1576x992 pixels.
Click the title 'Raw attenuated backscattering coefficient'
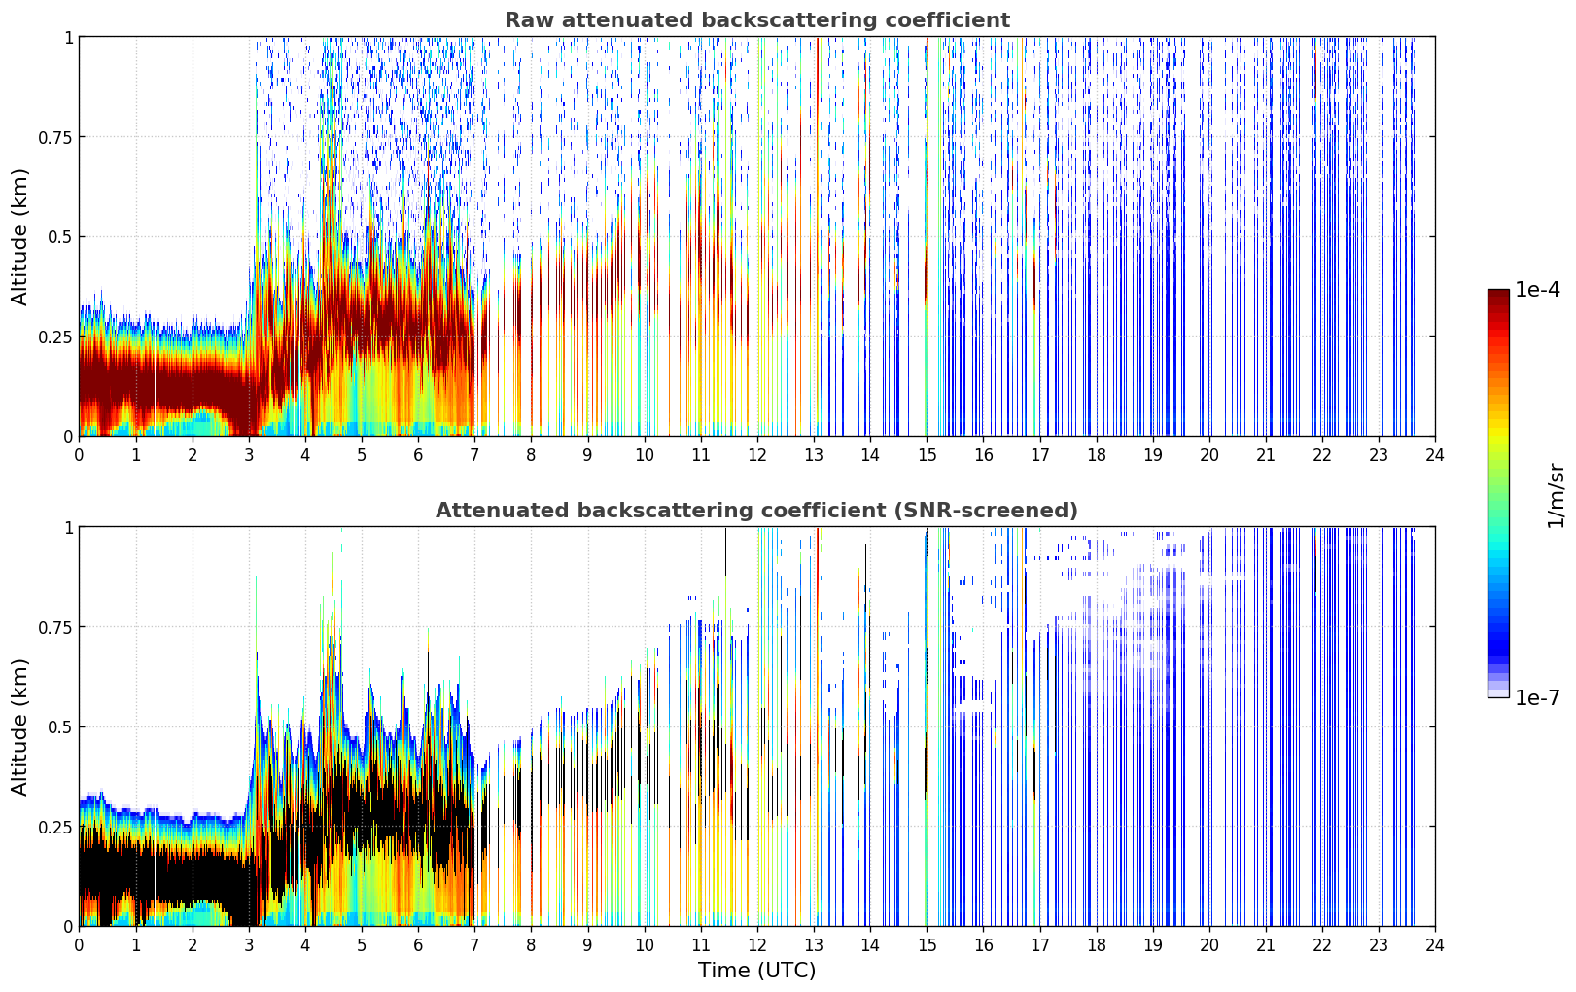pos(757,20)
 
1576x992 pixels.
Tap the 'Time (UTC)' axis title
pos(757,971)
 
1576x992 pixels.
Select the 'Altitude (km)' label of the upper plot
pos(19,236)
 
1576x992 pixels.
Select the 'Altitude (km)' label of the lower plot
pos(19,726)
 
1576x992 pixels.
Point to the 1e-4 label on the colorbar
pos(1537,289)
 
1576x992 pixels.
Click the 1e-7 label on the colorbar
pos(1537,698)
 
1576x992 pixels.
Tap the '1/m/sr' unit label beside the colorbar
pos(1556,495)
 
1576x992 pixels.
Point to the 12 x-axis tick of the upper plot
pos(757,455)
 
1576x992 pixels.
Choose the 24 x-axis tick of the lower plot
pos(1435,945)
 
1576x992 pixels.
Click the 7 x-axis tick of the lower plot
pos(474,945)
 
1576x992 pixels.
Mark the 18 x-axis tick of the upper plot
pos(1096,455)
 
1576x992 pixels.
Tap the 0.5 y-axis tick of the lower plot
pos(60,726)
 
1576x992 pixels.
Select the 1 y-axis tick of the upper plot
pos(68,37)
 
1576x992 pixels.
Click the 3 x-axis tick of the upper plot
pos(248,455)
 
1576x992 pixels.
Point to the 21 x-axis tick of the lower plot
pos(1266,945)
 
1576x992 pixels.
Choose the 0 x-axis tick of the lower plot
pos(79,945)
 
